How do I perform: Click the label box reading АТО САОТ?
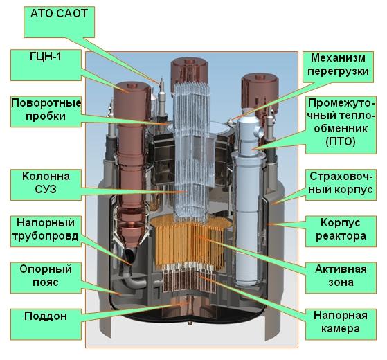coord(60,22)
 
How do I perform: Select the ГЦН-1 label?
coord(46,65)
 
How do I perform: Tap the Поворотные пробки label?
coord(46,111)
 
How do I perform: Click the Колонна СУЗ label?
coord(46,185)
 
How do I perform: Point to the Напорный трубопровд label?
coord(46,231)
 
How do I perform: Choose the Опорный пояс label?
coord(46,278)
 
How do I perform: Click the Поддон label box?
coord(46,324)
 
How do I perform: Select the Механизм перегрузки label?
coord(338,67)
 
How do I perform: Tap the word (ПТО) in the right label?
coord(341,142)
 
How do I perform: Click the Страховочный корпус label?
coord(341,185)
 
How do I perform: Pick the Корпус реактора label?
coord(341,231)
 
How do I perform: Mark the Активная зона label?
coord(341,278)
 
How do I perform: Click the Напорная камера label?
coord(341,324)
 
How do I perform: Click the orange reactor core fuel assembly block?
coord(191,242)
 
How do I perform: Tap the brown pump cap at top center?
coord(190,71)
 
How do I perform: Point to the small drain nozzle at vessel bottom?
coord(190,322)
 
